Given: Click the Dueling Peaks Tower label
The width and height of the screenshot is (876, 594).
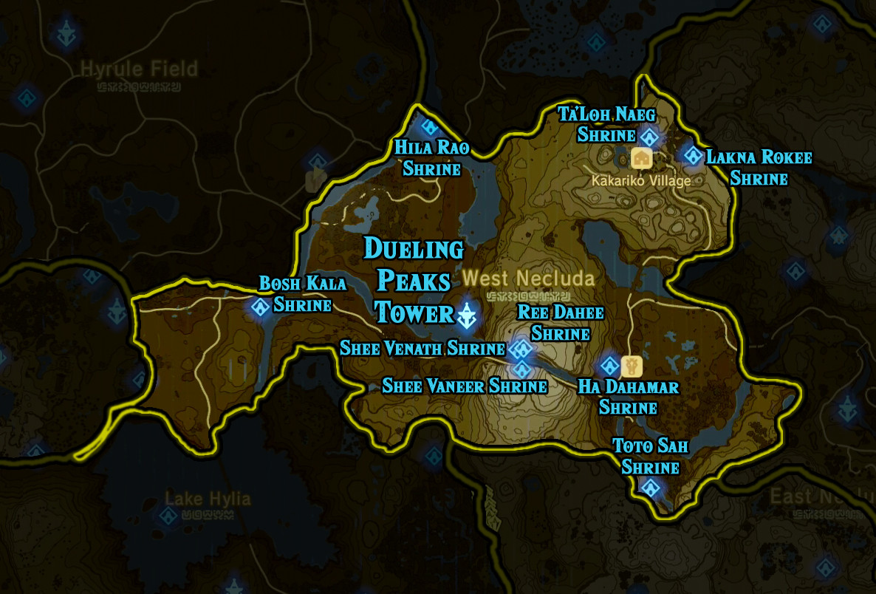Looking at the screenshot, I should pyautogui.click(x=414, y=281).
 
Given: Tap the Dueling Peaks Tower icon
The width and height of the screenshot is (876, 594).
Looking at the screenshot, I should pyautogui.click(x=468, y=315).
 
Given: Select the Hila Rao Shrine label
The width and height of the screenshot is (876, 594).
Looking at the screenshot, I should pyautogui.click(x=432, y=158).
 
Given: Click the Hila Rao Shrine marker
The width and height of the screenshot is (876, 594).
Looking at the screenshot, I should pyautogui.click(x=428, y=128).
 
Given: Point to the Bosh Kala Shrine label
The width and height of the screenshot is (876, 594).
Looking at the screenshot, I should pyautogui.click(x=302, y=293).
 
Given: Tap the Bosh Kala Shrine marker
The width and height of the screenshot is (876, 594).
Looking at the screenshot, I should pyautogui.click(x=261, y=307).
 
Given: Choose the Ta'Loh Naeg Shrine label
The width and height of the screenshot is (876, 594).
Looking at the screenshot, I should pyautogui.click(x=607, y=124).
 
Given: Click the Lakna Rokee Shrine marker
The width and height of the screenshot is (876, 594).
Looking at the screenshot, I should pyautogui.click(x=692, y=155).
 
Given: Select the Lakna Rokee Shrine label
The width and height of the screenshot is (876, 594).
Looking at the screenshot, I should pyautogui.click(x=759, y=168).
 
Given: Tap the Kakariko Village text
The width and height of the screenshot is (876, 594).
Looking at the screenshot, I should pyautogui.click(x=641, y=180).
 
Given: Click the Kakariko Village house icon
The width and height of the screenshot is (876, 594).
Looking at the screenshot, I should pyautogui.click(x=641, y=157).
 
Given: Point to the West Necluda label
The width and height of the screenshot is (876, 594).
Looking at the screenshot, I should pyautogui.click(x=528, y=279).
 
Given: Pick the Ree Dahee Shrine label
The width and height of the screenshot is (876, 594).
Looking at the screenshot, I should pyautogui.click(x=561, y=323).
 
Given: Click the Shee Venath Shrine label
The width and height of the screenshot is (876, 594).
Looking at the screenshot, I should pyautogui.click(x=422, y=348).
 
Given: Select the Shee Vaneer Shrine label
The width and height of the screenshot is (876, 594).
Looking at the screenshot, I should pyautogui.click(x=464, y=386).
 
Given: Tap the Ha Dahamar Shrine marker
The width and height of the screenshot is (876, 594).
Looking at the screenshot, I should pyautogui.click(x=610, y=365).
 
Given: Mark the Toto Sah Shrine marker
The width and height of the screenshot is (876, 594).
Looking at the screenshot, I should pyautogui.click(x=651, y=488).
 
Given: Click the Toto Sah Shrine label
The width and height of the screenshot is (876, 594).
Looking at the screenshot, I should pyautogui.click(x=651, y=457).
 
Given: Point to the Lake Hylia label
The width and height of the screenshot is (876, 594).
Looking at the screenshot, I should pyautogui.click(x=208, y=499).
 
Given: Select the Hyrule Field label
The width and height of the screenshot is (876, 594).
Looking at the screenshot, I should pyautogui.click(x=139, y=69).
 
